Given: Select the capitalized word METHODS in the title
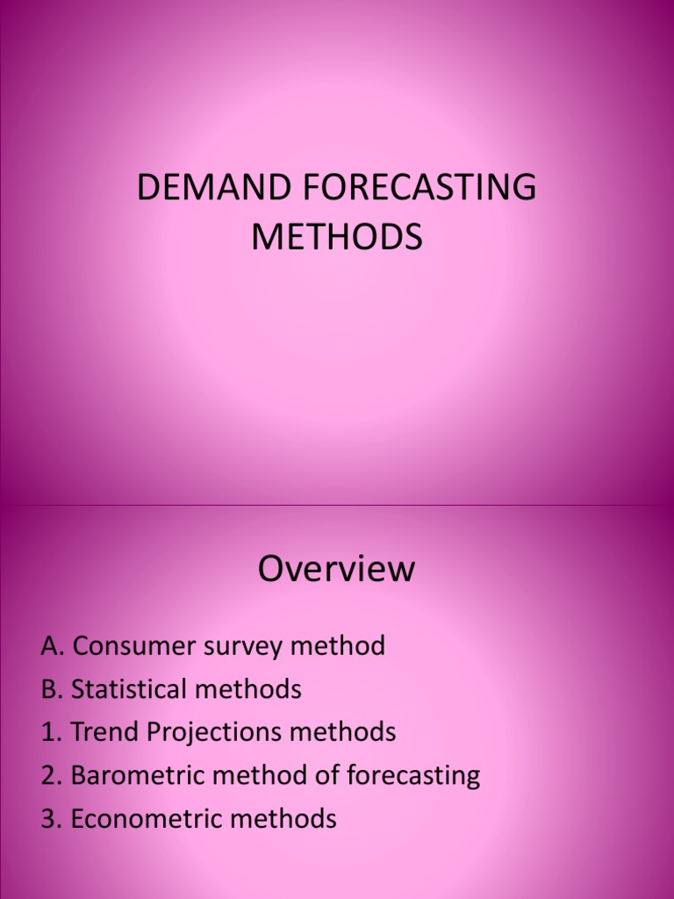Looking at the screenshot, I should coord(337,237).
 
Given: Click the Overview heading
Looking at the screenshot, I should coord(337,569).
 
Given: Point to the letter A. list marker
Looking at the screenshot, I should coord(53,646).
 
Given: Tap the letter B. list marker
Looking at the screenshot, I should coord(52,689).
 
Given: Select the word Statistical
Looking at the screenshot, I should coord(130,689).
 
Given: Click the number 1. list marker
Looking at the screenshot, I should coord(51,732).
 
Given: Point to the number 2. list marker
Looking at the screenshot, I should coord(52,775).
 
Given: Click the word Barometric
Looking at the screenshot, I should coord(133,775).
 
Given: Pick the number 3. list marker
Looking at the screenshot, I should coord(52,819).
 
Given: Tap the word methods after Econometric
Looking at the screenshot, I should coord(280,819).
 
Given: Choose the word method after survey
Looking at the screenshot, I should coord(337,646).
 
